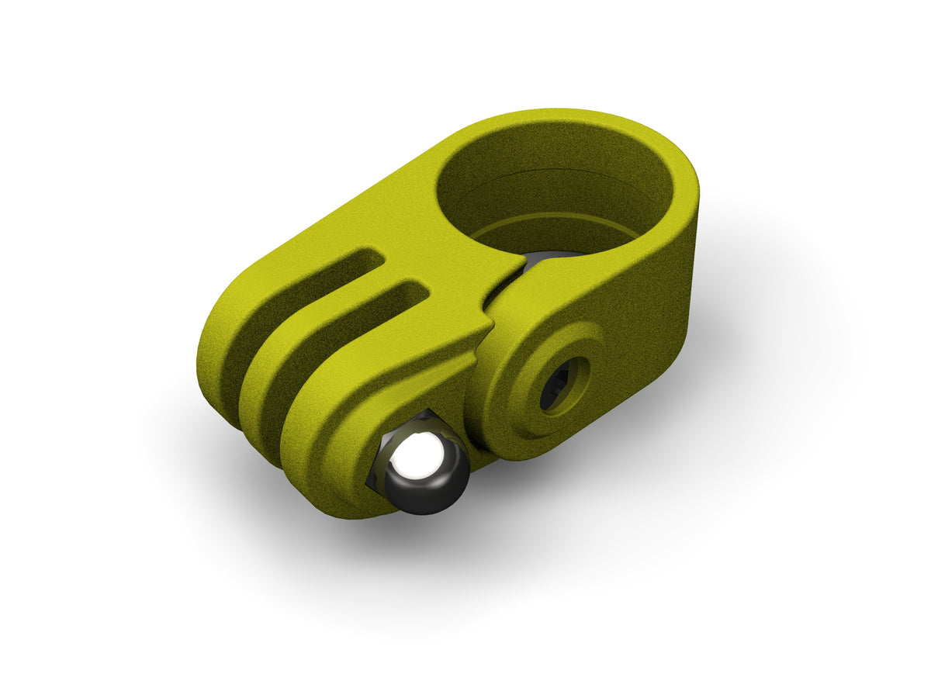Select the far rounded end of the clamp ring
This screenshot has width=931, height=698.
click(683, 194)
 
